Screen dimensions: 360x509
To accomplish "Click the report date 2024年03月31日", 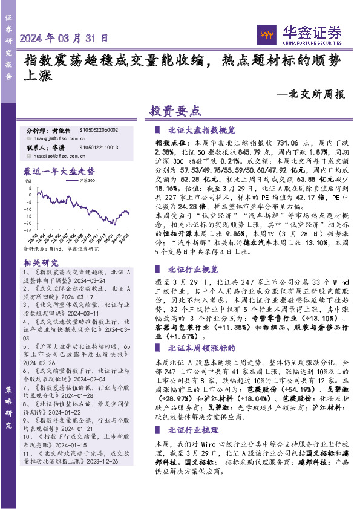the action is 65,38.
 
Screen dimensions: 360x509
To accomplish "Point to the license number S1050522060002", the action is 98,130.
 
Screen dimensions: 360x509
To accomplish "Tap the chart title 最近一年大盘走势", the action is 59,171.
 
